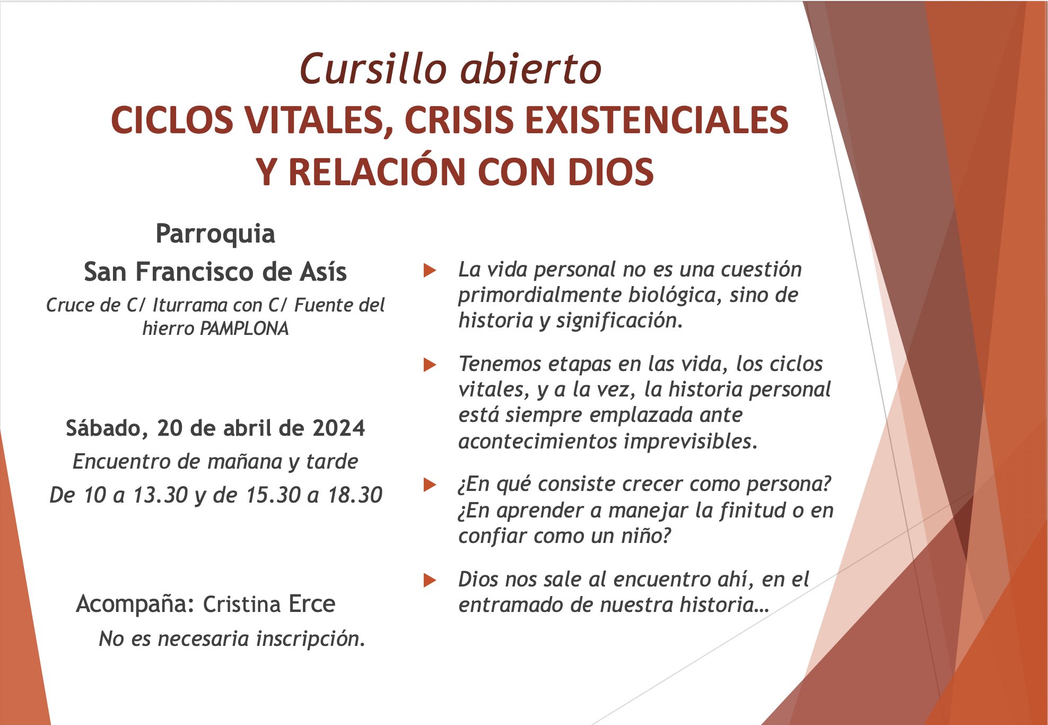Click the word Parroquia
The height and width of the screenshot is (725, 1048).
point(215,234)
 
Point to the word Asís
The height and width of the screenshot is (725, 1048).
point(323,272)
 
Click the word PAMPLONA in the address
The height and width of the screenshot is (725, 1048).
point(244,329)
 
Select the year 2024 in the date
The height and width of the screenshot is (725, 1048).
point(339,428)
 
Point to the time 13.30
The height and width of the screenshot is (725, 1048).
point(160,495)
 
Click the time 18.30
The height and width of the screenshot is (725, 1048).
point(355,495)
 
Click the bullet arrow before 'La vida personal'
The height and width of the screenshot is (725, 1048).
point(430,271)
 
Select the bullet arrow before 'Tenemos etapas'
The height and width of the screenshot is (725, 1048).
point(430,365)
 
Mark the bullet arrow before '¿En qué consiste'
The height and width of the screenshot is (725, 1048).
point(430,485)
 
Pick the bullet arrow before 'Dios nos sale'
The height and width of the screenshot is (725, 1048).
point(430,580)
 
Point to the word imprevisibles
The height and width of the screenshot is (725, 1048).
point(691,442)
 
